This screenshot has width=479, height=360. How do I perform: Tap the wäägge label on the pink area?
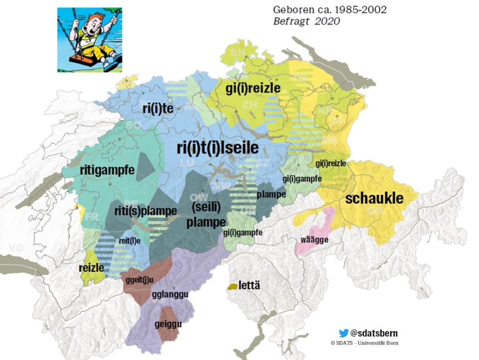pos(314,240)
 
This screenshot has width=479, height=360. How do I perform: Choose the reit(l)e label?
pos(129,241)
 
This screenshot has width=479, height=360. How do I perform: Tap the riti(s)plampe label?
pos(145,210)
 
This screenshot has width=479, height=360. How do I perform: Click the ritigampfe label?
pos(107,170)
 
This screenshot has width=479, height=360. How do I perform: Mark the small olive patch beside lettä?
pos(232,287)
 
